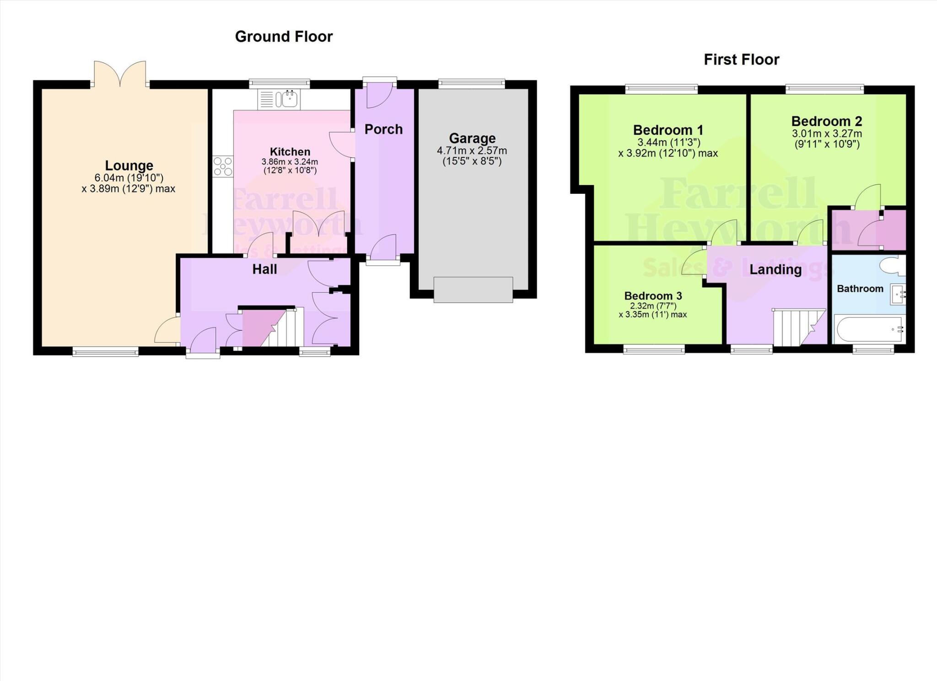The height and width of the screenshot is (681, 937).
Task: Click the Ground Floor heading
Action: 284,37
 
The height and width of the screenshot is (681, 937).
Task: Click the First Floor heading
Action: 741,59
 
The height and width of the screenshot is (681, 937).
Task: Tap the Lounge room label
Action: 129,166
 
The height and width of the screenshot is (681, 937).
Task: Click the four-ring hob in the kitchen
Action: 223,166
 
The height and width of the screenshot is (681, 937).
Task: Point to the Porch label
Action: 383,129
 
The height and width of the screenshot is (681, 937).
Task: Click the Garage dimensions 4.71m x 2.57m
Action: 472,151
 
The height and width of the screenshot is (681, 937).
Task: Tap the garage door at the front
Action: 473,290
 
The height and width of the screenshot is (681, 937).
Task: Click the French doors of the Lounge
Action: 120,75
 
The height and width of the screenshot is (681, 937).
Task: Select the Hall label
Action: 264,269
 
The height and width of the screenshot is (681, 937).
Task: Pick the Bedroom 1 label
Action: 668,130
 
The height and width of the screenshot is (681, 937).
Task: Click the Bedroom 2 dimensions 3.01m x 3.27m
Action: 827,134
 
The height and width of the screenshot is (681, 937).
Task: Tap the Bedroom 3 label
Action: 653,296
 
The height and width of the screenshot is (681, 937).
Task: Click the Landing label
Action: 775,270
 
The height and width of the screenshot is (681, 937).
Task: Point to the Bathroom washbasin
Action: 897,295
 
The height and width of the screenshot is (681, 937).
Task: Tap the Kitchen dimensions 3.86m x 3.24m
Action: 290,162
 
